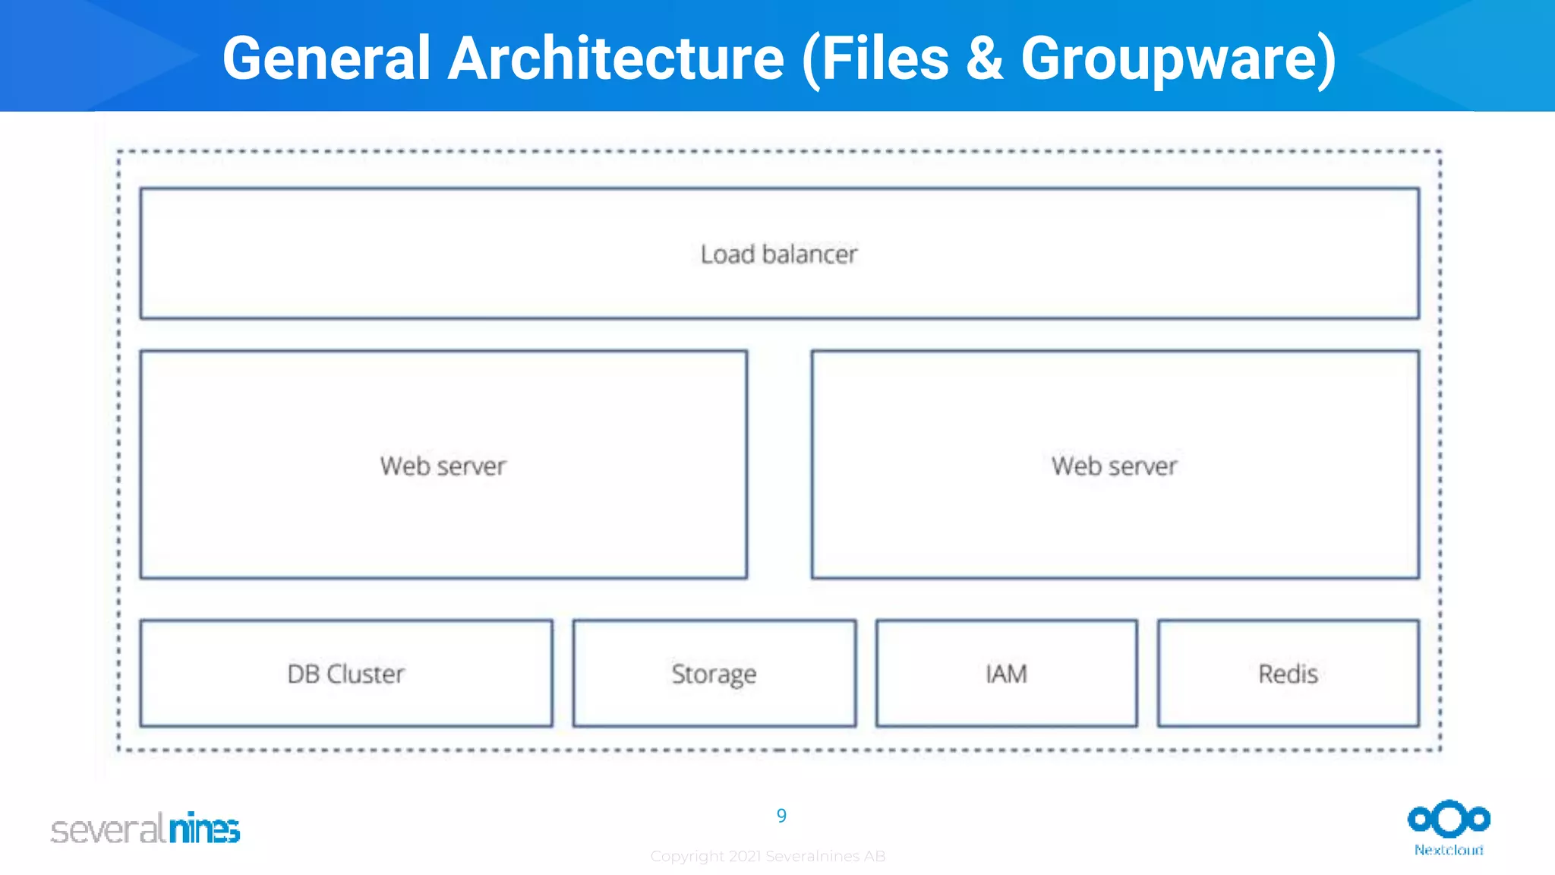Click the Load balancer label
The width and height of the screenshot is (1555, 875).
pyautogui.click(x=778, y=254)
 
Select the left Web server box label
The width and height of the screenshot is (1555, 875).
pyautogui.click(x=443, y=466)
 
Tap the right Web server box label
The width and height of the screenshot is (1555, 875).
pyautogui.click(x=1114, y=466)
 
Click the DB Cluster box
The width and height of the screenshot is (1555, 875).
pyautogui.click(x=346, y=674)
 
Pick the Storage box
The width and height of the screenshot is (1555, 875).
pyautogui.click(x=714, y=674)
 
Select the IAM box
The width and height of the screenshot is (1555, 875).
pyautogui.click(x=1006, y=674)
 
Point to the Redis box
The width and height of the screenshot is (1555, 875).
pyautogui.click(x=1288, y=674)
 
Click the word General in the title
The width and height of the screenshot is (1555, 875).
pyautogui.click(x=326, y=58)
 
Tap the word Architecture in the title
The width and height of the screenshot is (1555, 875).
pyautogui.click(x=616, y=58)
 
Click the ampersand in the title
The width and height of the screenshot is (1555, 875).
pyautogui.click(x=985, y=58)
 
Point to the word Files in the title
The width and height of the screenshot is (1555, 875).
pyautogui.click(x=885, y=58)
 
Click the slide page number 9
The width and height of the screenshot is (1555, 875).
pyautogui.click(x=781, y=816)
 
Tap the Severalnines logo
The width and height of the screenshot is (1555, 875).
pyautogui.click(x=145, y=828)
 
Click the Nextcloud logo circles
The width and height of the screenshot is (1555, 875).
pyautogui.click(x=1449, y=819)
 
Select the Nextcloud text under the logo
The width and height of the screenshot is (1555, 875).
pyautogui.click(x=1449, y=850)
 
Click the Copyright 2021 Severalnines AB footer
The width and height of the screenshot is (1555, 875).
pyautogui.click(x=768, y=856)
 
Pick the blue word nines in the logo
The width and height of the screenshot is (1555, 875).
pyautogui.click(x=204, y=828)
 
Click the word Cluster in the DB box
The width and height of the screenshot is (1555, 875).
pyautogui.click(x=365, y=674)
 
